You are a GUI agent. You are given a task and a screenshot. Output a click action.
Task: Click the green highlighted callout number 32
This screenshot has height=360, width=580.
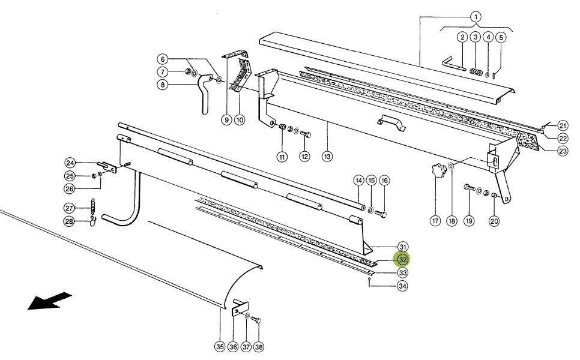(x=402, y=260)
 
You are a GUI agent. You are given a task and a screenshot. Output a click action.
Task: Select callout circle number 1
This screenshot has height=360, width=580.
(x=475, y=17)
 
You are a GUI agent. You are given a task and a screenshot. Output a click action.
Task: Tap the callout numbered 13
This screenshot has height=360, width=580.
(x=327, y=157)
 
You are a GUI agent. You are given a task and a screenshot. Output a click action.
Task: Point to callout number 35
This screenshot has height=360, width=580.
(x=219, y=346)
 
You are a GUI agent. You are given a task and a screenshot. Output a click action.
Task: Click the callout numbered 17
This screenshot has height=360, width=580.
(x=435, y=221)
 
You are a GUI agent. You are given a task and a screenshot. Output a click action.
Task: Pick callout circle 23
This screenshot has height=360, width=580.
(x=563, y=151)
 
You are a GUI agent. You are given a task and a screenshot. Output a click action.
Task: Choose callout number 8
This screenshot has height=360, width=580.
(x=162, y=85)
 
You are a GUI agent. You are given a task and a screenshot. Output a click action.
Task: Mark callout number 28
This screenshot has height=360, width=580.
(x=70, y=222)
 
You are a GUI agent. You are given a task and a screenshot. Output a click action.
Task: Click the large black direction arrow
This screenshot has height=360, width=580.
(x=50, y=301)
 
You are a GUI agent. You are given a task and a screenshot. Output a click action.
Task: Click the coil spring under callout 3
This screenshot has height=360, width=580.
(x=476, y=73)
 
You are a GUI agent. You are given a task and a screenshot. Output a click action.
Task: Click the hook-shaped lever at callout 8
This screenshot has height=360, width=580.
(x=204, y=90)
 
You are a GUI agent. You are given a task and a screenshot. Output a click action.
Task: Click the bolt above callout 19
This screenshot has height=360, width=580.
(x=468, y=190)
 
